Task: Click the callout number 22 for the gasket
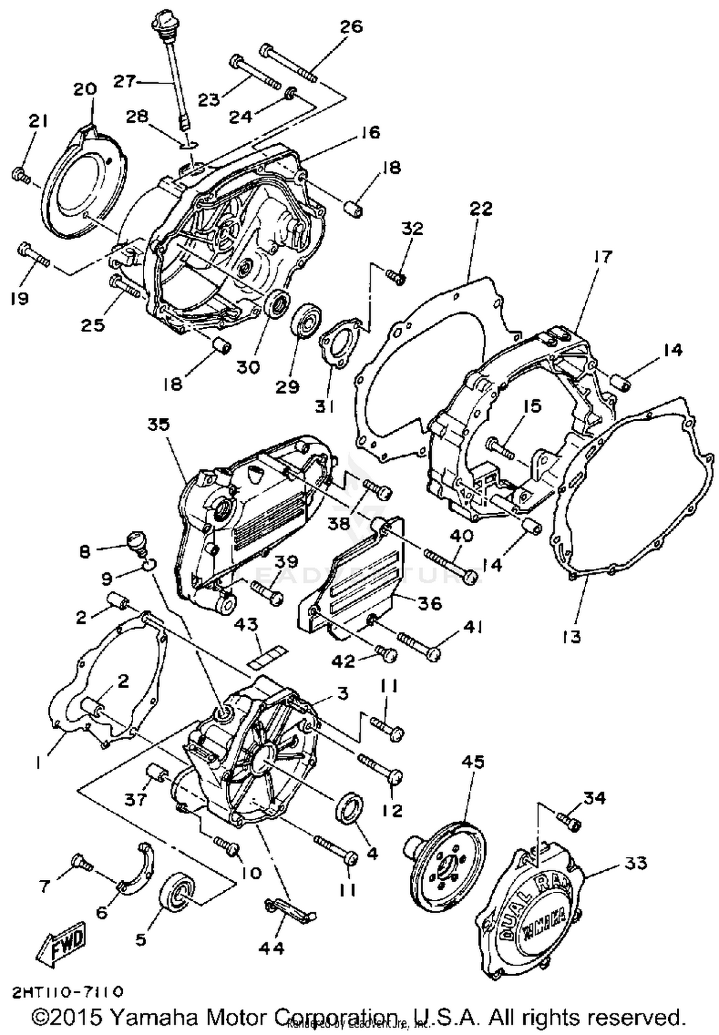coord(481,209)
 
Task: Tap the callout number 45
coord(473,762)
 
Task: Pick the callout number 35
coord(159,425)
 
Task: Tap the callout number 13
coord(572,637)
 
